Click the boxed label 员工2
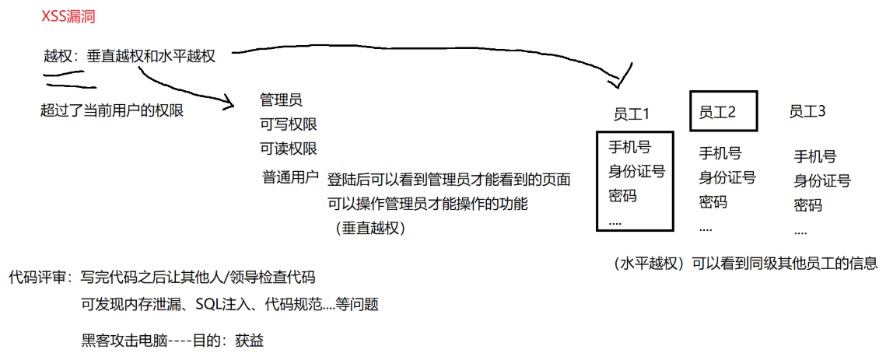[717, 112]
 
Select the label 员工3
[807, 112]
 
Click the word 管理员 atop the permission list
[281, 100]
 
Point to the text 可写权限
[289, 124]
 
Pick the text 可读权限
[289, 149]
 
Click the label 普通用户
[290, 177]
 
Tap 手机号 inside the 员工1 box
[629, 147]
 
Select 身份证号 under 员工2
[727, 177]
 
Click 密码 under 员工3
[808, 206]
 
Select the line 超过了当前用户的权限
[111, 110]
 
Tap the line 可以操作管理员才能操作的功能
[428, 204]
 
